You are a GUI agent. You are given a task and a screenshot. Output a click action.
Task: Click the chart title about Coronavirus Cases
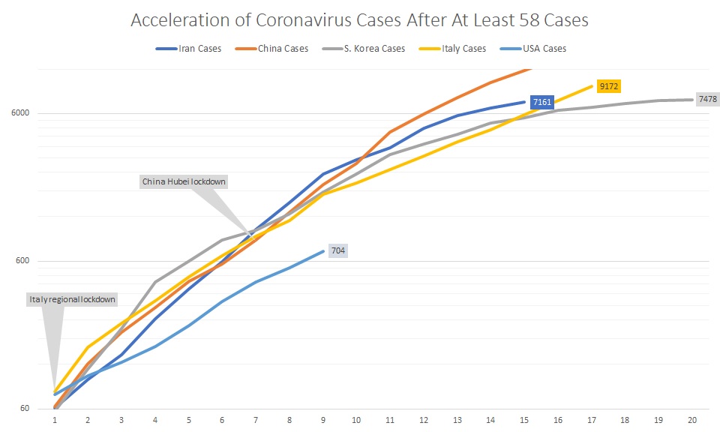359,20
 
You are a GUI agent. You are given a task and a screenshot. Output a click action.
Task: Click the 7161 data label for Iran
541,102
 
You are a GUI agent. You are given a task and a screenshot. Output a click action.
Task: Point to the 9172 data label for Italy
607,86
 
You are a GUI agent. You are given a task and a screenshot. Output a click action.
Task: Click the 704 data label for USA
337,251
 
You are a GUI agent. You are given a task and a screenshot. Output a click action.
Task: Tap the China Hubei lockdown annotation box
184,181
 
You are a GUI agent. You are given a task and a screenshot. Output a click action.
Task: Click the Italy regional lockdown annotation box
72,299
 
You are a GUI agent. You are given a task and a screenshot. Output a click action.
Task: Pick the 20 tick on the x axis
691,421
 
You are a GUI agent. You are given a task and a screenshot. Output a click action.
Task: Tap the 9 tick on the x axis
322,421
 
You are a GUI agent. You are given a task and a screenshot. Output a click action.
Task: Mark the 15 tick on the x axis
523,421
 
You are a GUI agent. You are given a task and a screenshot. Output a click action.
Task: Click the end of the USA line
323,251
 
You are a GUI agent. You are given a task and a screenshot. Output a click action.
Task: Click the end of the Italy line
592,85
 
